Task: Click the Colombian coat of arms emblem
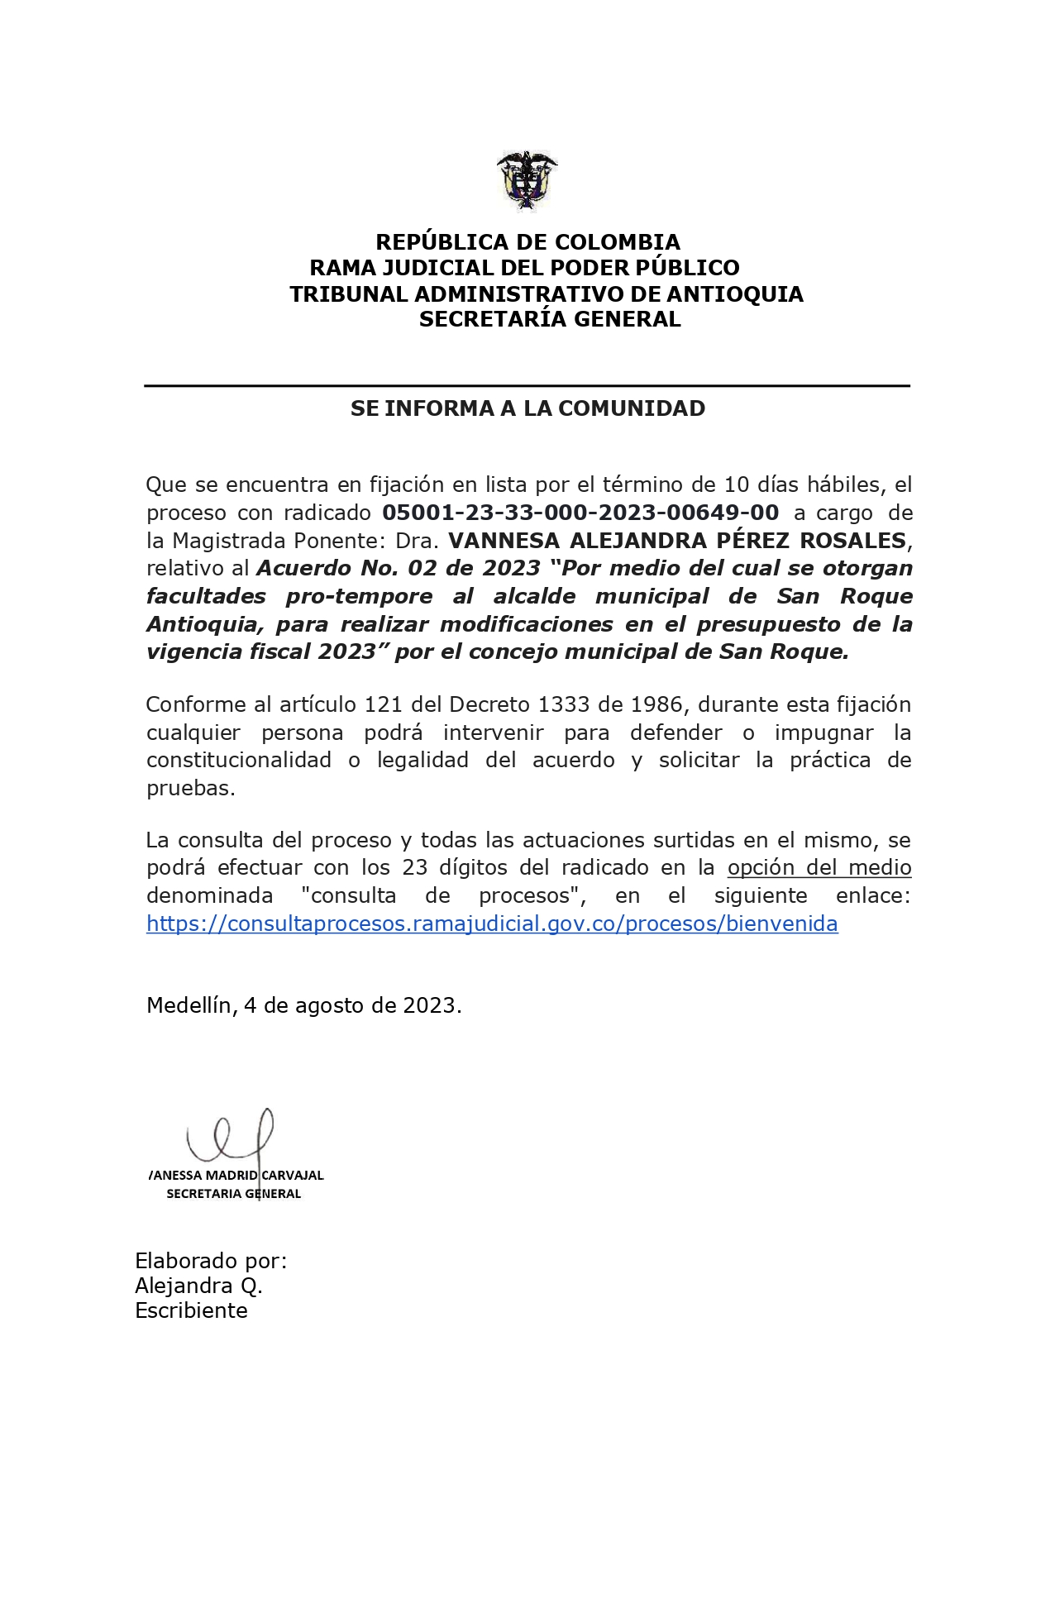pos(527,180)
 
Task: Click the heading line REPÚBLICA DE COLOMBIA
pos(527,242)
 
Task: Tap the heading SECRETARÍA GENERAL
pos(550,319)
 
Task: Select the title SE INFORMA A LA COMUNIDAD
pos(527,408)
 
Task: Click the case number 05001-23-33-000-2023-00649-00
pos(580,513)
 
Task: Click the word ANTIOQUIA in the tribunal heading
pos(735,294)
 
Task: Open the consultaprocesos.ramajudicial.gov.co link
pos(492,923)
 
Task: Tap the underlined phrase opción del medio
pos(819,867)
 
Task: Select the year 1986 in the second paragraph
pos(656,704)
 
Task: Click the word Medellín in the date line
pos(189,1005)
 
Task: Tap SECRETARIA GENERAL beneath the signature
pos(233,1193)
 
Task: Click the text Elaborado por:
pos(211,1261)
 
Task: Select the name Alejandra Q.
pos(198,1286)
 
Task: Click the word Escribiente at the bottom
pos(191,1310)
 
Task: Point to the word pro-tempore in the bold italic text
pos(359,596)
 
